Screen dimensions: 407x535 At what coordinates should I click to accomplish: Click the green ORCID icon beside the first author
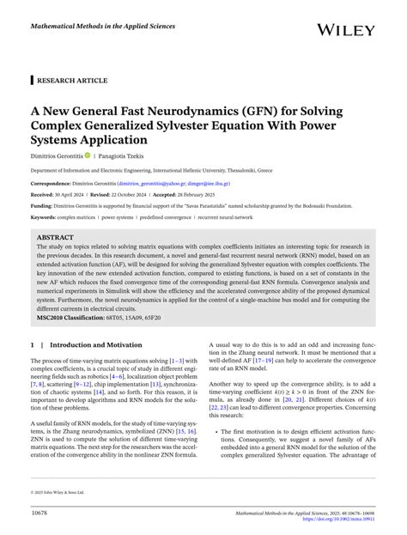(111, 155)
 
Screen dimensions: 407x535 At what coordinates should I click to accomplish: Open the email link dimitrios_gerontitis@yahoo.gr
(154, 184)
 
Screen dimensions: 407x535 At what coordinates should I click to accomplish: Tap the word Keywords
(44, 218)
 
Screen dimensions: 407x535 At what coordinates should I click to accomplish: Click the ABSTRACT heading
(55, 237)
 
